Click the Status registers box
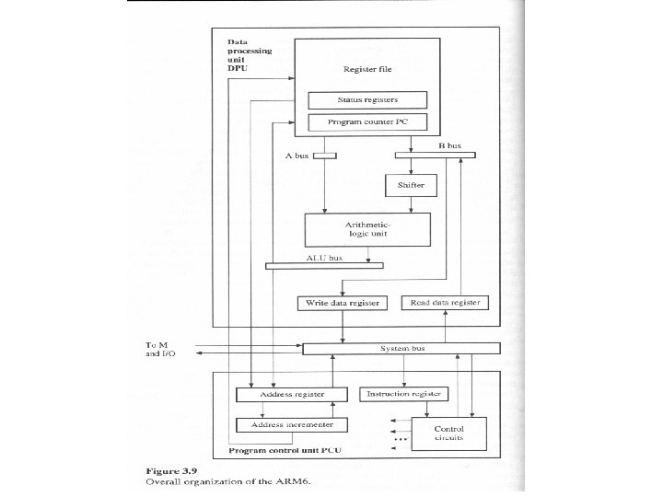(x=367, y=100)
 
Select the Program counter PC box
(x=367, y=122)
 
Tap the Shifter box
(x=411, y=185)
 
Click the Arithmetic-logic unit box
(x=367, y=229)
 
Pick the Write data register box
(x=342, y=303)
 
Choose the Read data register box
(x=445, y=303)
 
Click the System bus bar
(x=401, y=349)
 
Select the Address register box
(x=292, y=394)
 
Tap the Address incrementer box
(x=292, y=424)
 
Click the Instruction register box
(x=403, y=394)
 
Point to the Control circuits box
(x=448, y=433)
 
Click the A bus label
(x=297, y=156)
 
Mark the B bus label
(x=449, y=145)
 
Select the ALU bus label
(x=324, y=258)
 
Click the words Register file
(x=367, y=69)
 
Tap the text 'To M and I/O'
(x=160, y=350)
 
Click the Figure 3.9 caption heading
(x=171, y=471)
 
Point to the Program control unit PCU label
(x=285, y=450)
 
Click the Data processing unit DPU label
(x=250, y=55)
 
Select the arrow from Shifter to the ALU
(x=411, y=204)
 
